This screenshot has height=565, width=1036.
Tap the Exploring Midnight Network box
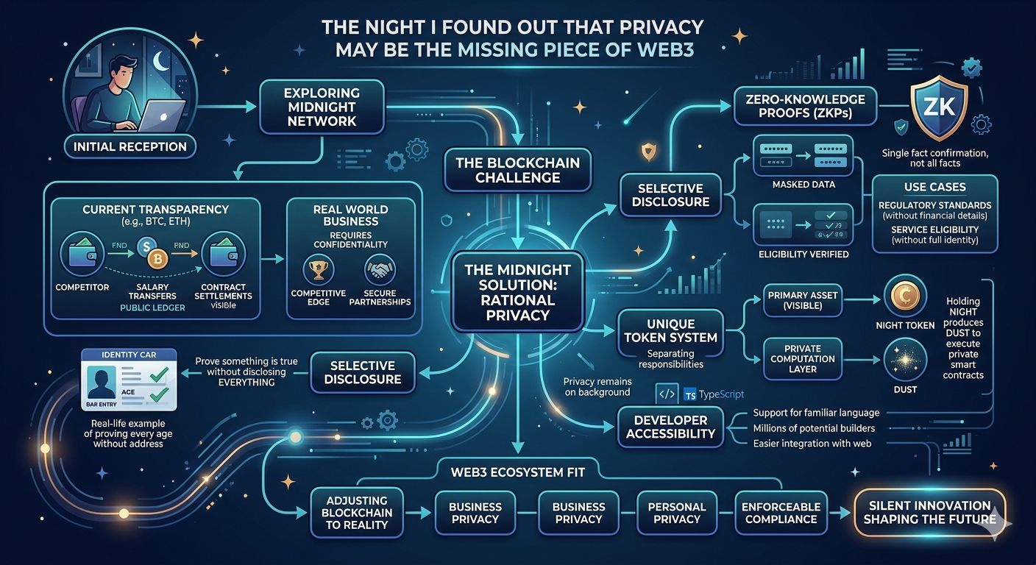[x=322, y=107]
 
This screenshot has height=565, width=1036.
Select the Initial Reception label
[x=129, y=146]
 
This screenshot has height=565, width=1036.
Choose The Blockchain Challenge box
[x=517, y=170]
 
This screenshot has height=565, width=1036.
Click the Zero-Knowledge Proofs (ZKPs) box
[x=805, y=105]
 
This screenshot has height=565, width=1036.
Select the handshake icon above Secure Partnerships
[x=379, y=271]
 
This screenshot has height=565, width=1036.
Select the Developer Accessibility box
[x=670, y=427]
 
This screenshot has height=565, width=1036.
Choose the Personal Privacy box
[x=677, y=513]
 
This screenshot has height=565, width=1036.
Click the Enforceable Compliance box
[x=780, y=513]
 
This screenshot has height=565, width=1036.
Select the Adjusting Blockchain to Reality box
[x=358, y=512]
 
